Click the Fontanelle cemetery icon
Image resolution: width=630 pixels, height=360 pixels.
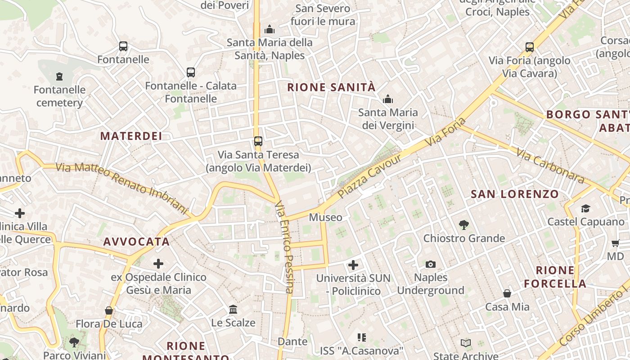(x=59, y=76)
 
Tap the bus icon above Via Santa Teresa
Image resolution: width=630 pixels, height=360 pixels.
(x=258, y=141)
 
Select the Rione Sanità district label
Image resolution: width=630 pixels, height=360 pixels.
(x=331, y=87)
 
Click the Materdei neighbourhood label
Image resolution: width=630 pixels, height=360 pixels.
(x=131, y=136)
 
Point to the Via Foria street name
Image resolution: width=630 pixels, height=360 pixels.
(x=446, y=132)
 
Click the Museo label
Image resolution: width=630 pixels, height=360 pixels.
(x=325, y=217)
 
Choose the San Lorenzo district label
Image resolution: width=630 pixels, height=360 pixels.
(x=515, y=194)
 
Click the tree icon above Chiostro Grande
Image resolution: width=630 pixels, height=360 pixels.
(x=464, y=225)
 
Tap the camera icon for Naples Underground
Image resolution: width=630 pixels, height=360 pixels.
(x=431, y=264)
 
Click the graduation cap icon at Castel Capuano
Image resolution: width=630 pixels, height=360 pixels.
(x=585, y=208)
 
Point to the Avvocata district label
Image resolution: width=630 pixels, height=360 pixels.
(x=136, y=242)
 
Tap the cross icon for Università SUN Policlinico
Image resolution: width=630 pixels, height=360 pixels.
(x=353, y=265)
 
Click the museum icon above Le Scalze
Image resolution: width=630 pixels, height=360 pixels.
(x=233, y=310)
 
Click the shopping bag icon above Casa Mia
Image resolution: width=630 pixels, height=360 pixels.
(x=507, y=293)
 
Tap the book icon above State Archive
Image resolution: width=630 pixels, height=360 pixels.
(x=466, y=343)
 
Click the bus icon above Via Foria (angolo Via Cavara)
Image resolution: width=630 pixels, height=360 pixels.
(x=530, y=47)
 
